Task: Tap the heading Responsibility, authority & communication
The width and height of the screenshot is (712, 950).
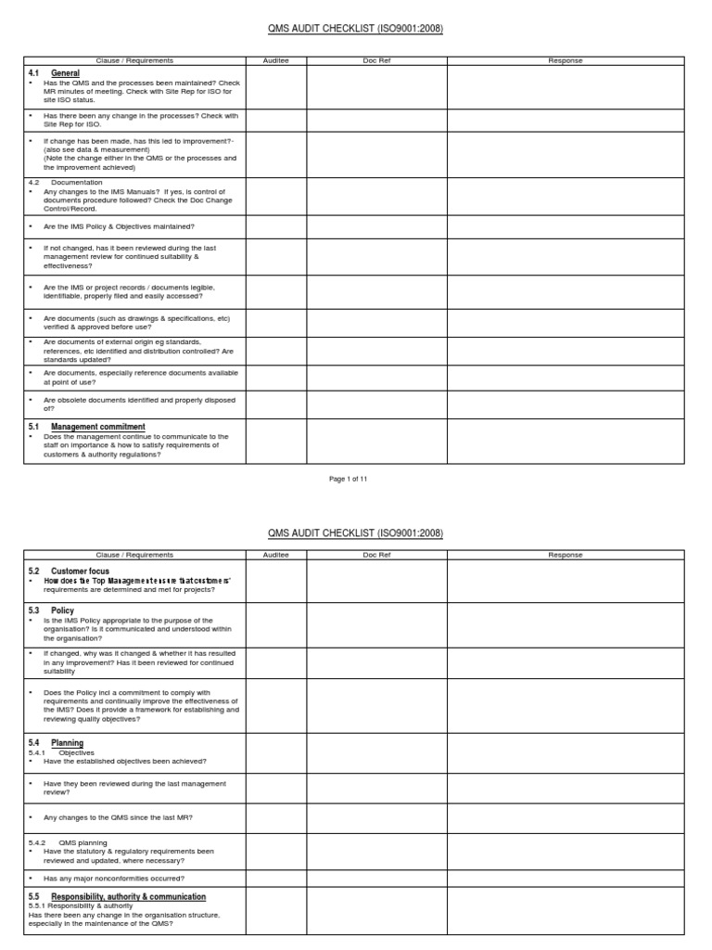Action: click(x=128, y=896)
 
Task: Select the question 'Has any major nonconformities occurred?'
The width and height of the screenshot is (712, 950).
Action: click(x=114, y=878)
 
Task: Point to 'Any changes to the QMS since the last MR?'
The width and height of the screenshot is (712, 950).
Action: click(x=118, y=816)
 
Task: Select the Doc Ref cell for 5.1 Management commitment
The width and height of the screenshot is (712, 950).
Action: click(x=376, y=441)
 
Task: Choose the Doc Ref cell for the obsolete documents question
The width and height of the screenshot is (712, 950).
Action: click(x=376, y=404)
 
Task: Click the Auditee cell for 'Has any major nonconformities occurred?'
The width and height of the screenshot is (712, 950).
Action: click(x=276, y=878)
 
